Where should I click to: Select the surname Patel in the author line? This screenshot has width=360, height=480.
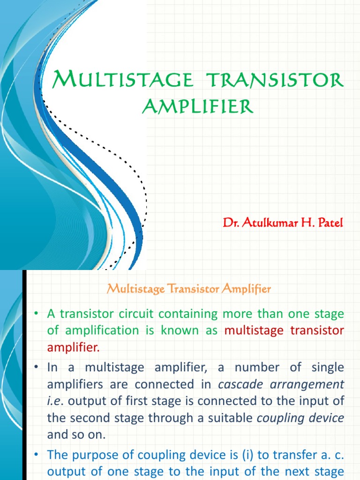(330, 223)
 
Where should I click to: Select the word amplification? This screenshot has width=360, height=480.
(99, 330)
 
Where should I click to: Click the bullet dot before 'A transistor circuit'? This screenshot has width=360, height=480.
(35, 314)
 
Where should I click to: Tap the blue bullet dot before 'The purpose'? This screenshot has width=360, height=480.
(35, 454)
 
